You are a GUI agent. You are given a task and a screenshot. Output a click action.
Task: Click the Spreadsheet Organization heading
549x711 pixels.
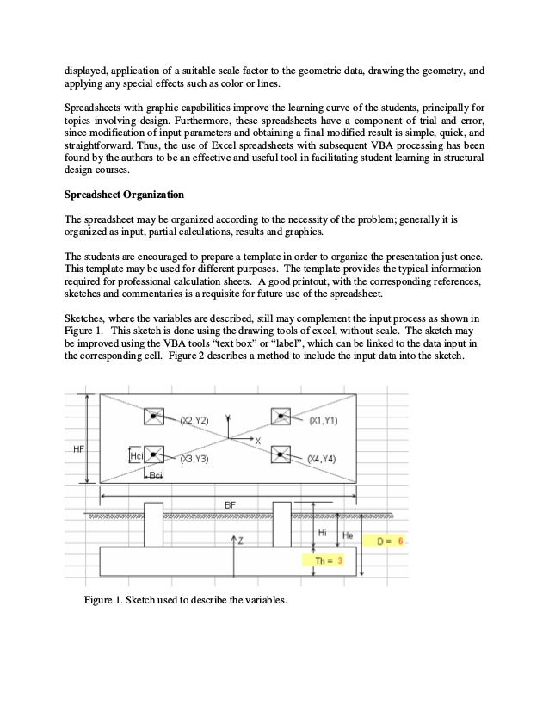pos(124,194)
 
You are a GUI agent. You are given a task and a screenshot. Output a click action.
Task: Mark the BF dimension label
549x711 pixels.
pos(231,504)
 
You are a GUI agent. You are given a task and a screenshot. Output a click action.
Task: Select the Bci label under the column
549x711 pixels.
pos(155,476)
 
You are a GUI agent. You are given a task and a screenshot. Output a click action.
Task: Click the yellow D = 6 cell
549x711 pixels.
pos(389,541)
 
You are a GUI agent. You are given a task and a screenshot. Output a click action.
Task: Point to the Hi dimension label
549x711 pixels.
pos(322,533)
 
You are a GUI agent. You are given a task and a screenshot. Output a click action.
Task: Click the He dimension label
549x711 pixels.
pos(349,535)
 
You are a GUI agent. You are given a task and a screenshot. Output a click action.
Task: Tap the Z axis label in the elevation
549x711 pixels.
pos(240,540)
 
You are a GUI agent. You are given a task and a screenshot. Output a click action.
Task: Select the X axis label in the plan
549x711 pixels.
pos(257,441)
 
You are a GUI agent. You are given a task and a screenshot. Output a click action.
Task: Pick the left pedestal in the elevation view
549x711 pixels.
pos(154,524)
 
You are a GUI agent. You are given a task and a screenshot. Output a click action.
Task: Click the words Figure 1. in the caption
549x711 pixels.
pos(102,599)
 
